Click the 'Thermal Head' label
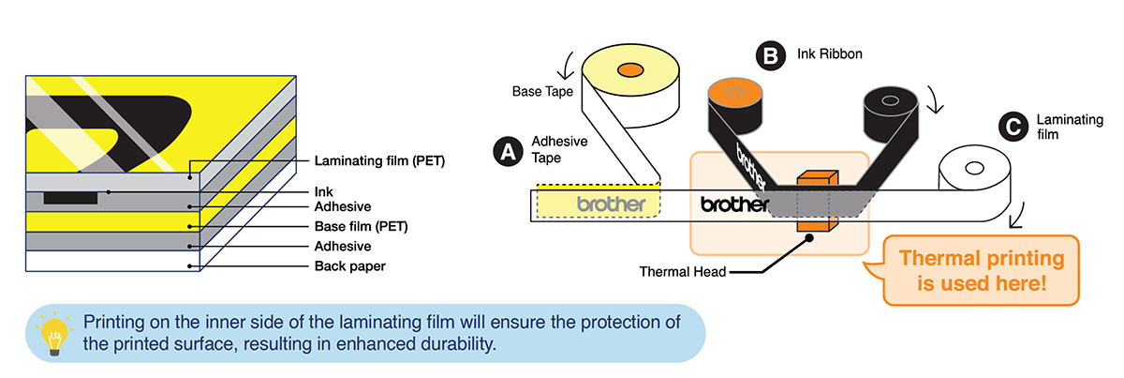(x=682, y=272)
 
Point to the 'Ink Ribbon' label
(x=829, y=55)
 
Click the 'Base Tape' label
(x=541, y=92)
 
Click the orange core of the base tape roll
(x=628, y=70)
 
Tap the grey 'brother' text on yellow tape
(x=611, y=204)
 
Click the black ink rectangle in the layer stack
(x=69, y=198)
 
